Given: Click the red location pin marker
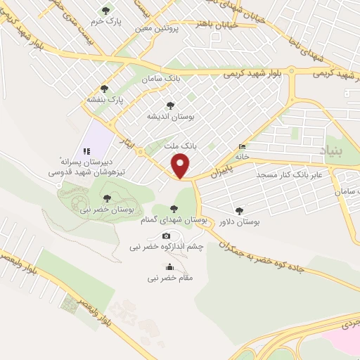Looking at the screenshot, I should (x=182, y=166).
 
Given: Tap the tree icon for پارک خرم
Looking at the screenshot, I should (x=105, y=11).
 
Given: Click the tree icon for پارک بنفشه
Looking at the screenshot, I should (x=105, y=89).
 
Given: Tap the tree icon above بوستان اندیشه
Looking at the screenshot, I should (x=172, y=103).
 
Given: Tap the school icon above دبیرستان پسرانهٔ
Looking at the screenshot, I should (x=87, y=150).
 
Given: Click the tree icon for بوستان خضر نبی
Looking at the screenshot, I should (x=106, y=198).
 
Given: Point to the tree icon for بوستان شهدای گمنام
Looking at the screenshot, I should (x=174, y=208).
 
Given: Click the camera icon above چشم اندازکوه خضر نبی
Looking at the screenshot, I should (x=167, y=236).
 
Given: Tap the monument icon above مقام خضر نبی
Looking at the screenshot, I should (x=169, y=266).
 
